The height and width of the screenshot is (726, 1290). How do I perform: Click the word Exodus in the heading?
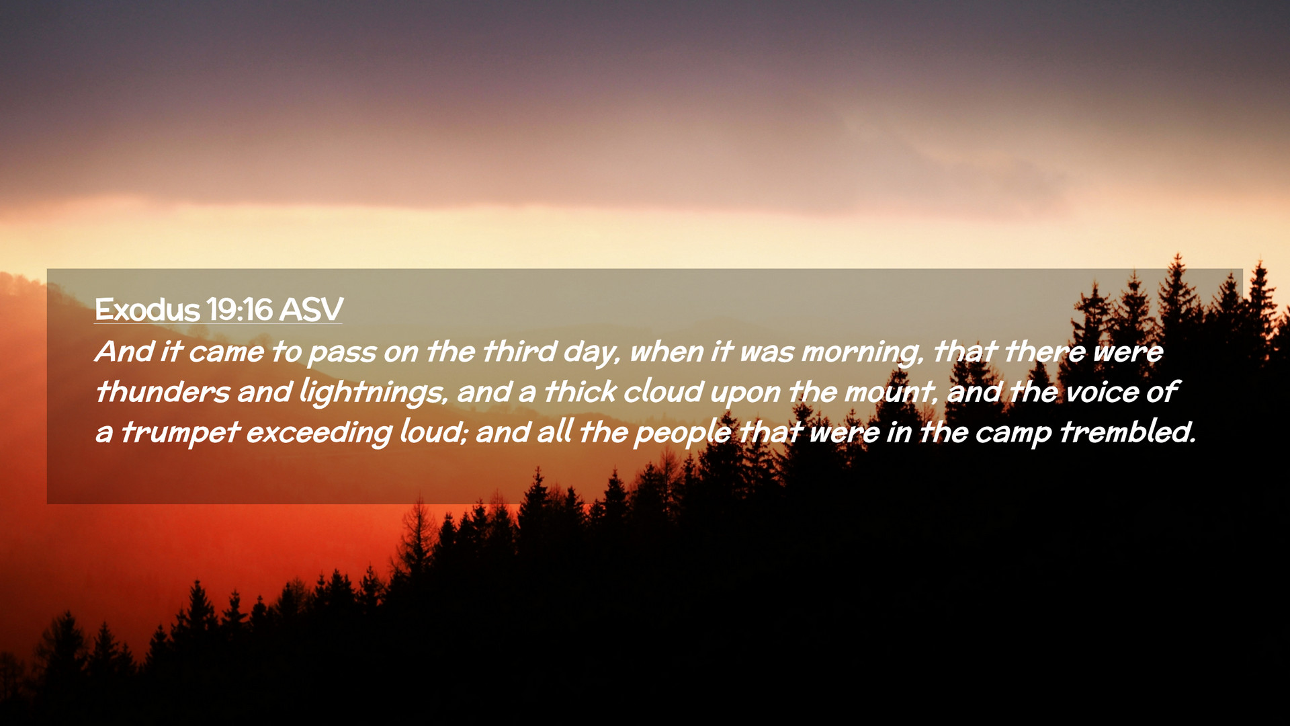coord(147,310)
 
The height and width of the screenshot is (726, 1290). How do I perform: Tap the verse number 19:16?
coord(239,310)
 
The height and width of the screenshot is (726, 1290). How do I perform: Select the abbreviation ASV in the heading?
coord(310,310)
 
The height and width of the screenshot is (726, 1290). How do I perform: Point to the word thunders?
coord(162,392)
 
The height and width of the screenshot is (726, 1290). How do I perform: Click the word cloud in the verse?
coord(662,392)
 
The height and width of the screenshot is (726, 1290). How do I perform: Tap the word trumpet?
coord(180,433)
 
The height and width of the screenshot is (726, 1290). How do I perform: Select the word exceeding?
coord(318,433)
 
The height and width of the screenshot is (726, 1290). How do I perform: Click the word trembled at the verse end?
coord(1128,432)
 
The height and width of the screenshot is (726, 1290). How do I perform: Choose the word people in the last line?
coord(683,433)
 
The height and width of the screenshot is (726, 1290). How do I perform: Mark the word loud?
coord(433,432)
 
